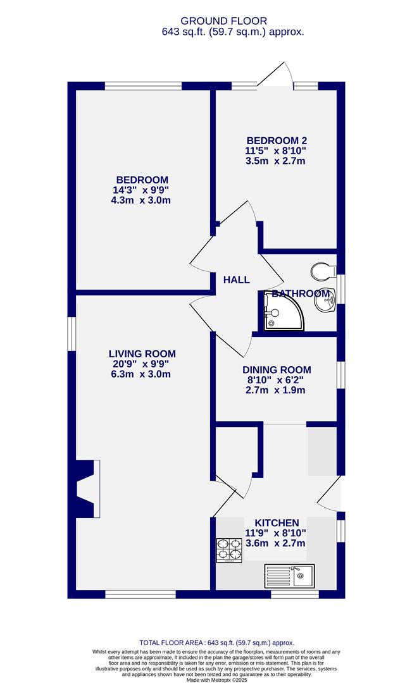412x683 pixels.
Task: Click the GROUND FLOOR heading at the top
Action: click(223, 21)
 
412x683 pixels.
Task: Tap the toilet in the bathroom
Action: click(323, 271)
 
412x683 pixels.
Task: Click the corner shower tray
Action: click(282, 311)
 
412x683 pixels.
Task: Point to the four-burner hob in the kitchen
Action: click(229, 550)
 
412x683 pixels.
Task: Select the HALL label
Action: click(237, 280)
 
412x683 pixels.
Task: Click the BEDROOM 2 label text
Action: click(277, 140)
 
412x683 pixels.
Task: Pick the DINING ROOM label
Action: click(277, 370)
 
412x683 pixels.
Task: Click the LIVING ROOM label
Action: click(142, 354)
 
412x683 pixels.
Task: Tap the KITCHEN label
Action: click(277, 523)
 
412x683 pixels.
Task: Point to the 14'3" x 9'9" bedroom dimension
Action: click(140, 190)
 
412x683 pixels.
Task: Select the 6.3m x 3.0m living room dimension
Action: click(140, 374)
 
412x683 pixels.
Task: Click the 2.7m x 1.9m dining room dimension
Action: click(275, 390)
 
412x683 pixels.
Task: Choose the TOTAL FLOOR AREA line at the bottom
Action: click(216, 643)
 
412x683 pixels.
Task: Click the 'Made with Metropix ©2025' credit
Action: click(216, 679)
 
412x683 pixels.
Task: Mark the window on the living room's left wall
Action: click(72, 334)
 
